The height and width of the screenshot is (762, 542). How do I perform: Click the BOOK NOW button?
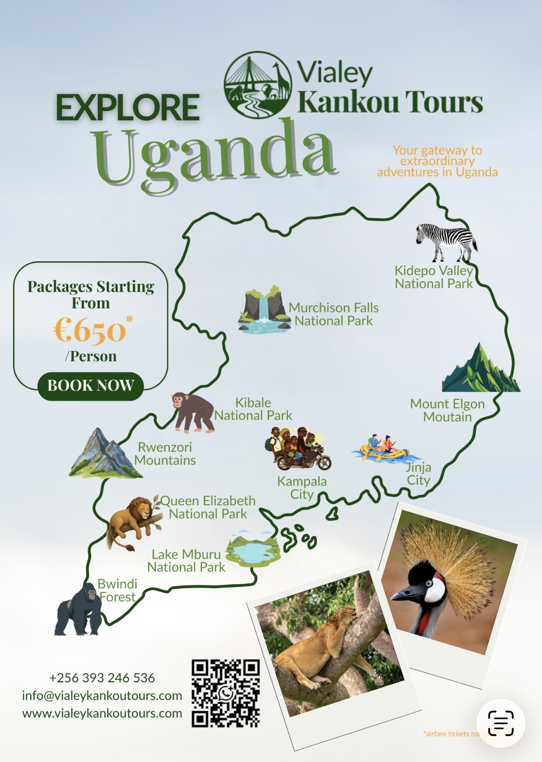point(90,386)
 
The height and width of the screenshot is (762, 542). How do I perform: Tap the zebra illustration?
point(446,242)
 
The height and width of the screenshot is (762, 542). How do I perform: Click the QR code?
point(226,693)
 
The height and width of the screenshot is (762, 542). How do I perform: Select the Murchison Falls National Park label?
point(334,314)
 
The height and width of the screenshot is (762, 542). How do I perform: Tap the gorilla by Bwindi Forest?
point(79,610)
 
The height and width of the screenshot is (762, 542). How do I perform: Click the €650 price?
point(90,331)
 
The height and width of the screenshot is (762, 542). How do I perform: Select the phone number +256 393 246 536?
point(102,678)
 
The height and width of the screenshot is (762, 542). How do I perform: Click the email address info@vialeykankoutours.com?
point(102,695)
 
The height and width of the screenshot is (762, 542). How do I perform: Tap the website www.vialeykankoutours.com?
point(102,713)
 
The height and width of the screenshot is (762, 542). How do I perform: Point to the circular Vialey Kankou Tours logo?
point(258,85)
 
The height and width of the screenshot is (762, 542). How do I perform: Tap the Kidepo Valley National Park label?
point(434,277)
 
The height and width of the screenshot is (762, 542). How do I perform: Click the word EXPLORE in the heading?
point(128,107)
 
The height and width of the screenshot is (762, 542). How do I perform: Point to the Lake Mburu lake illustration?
point(253,551)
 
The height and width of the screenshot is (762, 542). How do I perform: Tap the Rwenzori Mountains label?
point(165,454)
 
